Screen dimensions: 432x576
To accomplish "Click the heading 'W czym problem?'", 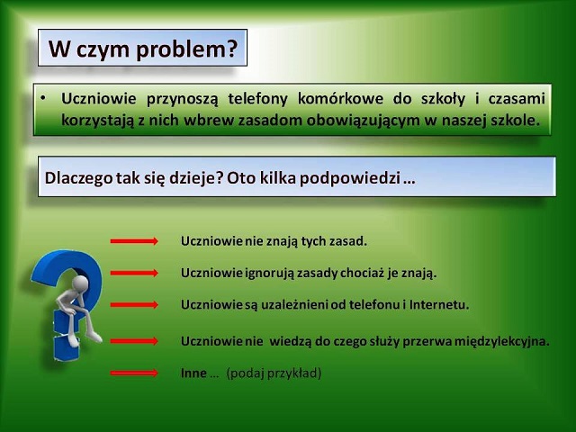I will tap(141, 49).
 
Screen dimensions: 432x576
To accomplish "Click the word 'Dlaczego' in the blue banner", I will tap(75, 177).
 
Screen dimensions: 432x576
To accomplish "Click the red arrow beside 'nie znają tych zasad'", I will tap(134, 241).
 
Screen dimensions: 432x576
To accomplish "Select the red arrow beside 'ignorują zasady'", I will tap(134, 272).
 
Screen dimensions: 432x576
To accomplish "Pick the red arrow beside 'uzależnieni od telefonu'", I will tap(134, 304).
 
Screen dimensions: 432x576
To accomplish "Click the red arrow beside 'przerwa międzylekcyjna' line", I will tap(134, 341).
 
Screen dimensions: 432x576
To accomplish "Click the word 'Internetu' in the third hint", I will tap(439, 304).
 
